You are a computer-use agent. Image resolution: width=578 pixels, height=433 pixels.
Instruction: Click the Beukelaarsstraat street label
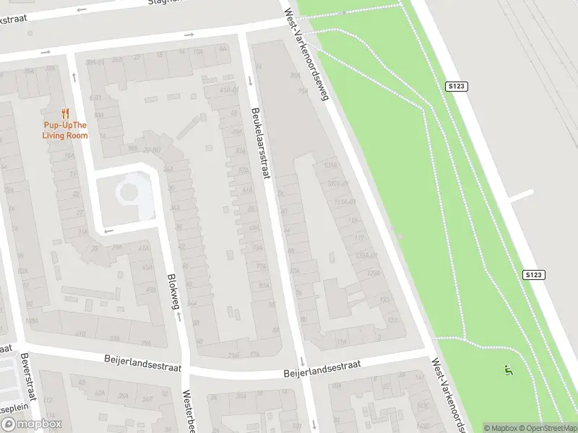coord(259,144)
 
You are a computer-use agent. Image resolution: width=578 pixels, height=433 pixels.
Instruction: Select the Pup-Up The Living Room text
coord(65,131)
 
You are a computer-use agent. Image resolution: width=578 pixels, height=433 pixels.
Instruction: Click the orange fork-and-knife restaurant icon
coord(65,113)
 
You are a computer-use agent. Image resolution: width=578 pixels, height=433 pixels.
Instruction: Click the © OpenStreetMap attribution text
coord(548,428)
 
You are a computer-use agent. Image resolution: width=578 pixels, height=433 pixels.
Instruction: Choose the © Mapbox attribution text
coord(501,428)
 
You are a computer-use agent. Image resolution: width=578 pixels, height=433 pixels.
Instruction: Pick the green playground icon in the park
coord(509,371)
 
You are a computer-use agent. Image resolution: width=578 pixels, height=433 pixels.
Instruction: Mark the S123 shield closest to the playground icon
coord(533,275)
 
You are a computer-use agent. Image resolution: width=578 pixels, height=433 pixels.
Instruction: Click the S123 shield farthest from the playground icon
coord(457,87)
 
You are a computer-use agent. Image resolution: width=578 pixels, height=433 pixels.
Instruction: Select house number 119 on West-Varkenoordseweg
coord(359,237)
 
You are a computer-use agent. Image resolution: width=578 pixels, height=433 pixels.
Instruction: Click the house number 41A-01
coord(229,89)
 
